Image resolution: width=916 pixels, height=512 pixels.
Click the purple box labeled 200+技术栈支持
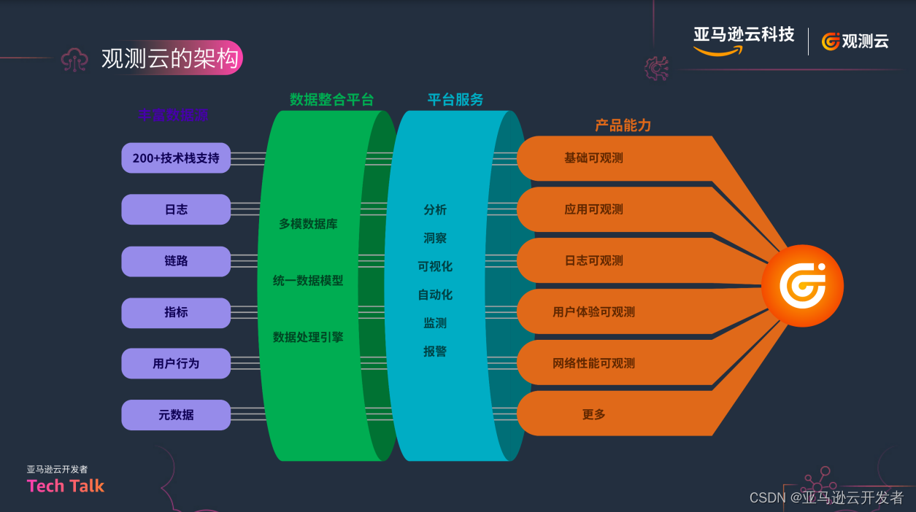(x=176, y=158)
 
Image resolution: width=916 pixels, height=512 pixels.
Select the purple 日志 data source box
(x=176, y=209)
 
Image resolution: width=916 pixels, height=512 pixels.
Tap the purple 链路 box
(x=176, y=261)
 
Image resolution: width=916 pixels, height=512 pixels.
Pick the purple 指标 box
(x=176, y=312)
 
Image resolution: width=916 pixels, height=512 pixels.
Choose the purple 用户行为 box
(x=176, y=363)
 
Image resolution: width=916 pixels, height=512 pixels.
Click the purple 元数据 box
(x=176, y=415)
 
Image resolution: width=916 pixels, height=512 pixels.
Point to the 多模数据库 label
(x=308, y=224)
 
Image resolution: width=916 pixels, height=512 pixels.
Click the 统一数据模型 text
(x=308, y=280)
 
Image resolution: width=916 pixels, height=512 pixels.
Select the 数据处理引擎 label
(x=308, y=337)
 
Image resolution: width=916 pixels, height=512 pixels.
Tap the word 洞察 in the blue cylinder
(x=435, y=238)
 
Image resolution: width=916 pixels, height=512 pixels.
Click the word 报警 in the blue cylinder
(x=435, y=352)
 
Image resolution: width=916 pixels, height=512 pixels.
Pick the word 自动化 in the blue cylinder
(x=435, y=295)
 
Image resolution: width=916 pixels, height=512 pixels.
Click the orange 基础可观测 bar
(x=593, y=158)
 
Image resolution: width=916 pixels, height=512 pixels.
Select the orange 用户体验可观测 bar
(x=593, y=312)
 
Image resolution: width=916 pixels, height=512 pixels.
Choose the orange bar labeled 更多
(x=593, y=414)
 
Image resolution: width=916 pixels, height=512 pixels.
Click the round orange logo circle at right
(x=802, y=286)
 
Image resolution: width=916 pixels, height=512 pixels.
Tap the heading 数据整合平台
(x=331, y=99)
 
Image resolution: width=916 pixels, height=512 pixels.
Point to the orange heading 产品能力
(x=623, y=125)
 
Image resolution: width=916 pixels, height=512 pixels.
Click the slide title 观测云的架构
(x=170, y=59)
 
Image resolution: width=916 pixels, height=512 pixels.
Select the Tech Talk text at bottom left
(x=66, y=486)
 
